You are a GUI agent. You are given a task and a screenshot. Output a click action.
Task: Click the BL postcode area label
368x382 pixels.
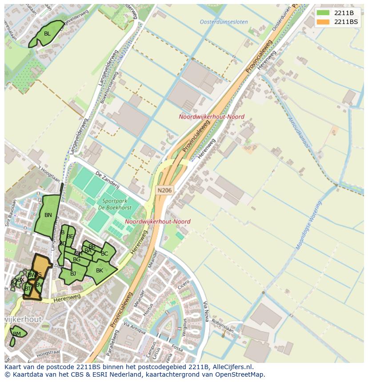pos(47,34)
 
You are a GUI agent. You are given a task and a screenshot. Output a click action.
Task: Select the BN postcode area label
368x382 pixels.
pos(48,215)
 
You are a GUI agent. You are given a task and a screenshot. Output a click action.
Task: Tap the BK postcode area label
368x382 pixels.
pos(100,271)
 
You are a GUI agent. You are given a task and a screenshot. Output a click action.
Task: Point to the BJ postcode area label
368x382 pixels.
pos(73,274)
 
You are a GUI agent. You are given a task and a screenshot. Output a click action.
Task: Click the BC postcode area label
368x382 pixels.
pos(104,254)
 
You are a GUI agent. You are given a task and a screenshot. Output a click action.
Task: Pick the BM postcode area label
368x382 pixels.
pos(17,334)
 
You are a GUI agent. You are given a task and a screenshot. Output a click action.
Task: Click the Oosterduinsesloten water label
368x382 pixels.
pos(224,22)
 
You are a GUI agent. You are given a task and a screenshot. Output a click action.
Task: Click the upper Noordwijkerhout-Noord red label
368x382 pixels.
pos(212,117)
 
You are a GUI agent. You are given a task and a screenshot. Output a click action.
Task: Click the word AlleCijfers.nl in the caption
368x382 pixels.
pos(231,367)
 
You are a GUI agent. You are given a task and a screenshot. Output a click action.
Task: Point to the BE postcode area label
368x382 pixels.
pos(70,236)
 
